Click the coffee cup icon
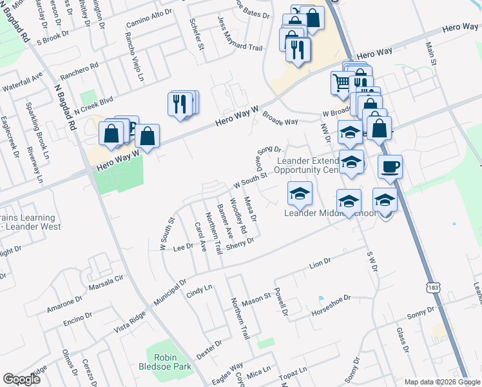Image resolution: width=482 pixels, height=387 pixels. coord(390,167)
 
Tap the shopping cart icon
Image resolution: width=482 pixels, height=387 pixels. coord(341,82)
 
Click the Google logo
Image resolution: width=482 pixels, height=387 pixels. coord(21,379)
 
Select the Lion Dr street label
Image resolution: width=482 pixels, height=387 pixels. coord(320,263)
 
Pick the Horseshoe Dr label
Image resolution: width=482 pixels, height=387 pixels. coord(330,299)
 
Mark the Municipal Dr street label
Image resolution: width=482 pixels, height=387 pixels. coord(169,292)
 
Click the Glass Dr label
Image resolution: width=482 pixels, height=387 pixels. coord(403,340)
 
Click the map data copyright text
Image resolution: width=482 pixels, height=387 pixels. coord(442,382)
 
